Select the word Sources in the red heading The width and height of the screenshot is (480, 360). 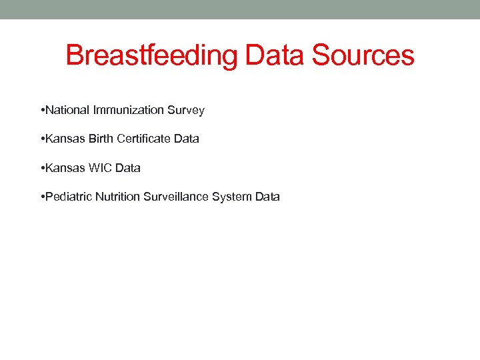coord(363,55)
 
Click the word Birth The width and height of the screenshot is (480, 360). coord(100,139)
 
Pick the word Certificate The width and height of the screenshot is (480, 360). coord(144,139)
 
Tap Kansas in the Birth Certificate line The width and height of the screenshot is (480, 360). coord(65,139)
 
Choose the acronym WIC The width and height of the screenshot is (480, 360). coord(100,168)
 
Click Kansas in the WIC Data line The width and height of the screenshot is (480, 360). coord(65,168)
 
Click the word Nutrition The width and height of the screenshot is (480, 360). coord(117,197)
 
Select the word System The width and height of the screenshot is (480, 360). coord(231,197)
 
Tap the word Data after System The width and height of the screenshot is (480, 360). coord(267,197)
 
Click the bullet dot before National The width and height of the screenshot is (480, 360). coord(42,110)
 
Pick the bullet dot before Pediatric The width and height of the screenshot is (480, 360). coord(42,197)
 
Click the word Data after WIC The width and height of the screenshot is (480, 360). coord(127,168)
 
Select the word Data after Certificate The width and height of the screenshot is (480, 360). coord(186,139)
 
